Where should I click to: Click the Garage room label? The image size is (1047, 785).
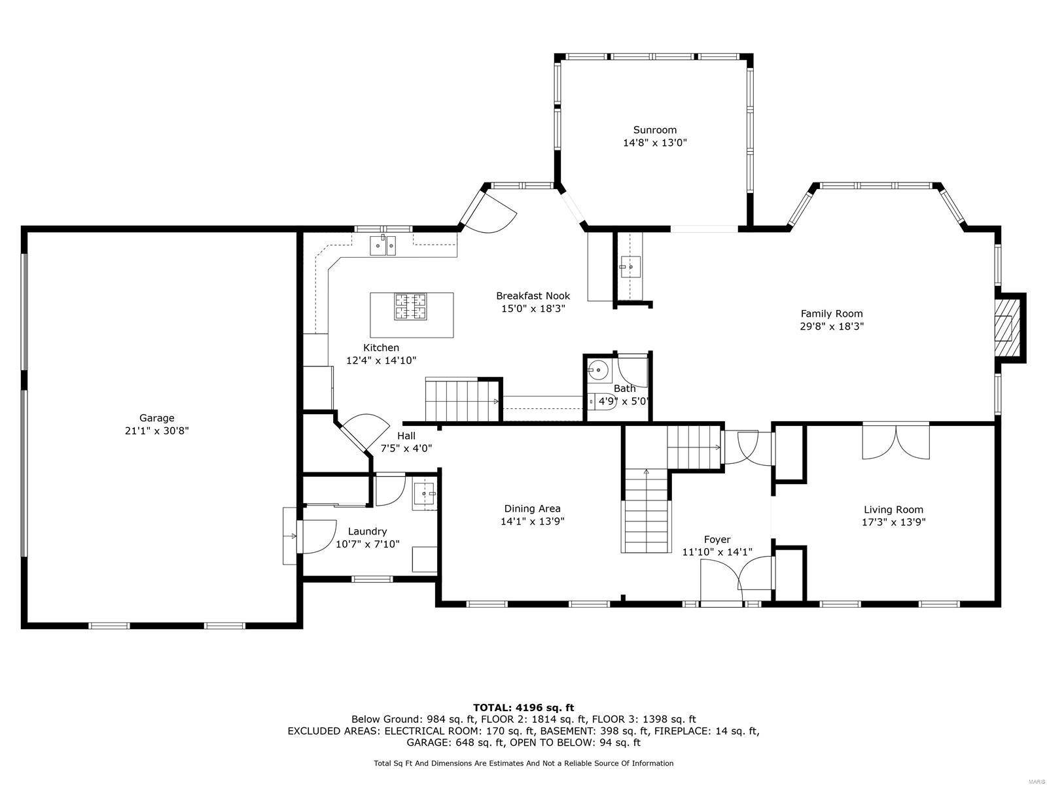pos(156,418)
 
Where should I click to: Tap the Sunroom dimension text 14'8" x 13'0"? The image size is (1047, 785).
pos(654,142)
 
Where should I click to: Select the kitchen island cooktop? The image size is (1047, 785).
pos(410,307)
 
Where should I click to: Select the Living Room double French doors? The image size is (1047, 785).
pos(895,442)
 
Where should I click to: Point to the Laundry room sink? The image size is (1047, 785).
pos(424,495)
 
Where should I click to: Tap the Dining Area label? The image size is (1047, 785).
pos(532,508)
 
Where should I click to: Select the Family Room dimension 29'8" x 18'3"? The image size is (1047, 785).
pos(831,326)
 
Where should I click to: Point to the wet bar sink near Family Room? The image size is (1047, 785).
pos(630,266)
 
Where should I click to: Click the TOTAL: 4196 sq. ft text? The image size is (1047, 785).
pos(523,707)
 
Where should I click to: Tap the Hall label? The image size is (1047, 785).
pos(406,436)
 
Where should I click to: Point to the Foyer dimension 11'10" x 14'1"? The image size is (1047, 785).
pos(717,552)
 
